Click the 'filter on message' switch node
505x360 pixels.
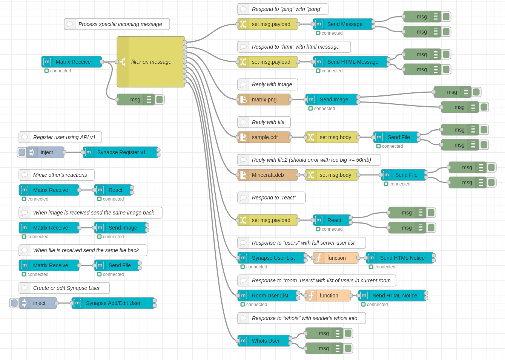click(x=151, y=62)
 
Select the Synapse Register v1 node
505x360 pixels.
click(x=121, y=152)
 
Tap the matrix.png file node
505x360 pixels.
click(x=264, y=100)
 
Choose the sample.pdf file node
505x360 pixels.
click(x=264, y=137)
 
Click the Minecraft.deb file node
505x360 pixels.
click(x=268, y=175)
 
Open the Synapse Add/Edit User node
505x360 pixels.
click(x=113, y=303)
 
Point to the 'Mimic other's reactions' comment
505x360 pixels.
click(x=57, y=175)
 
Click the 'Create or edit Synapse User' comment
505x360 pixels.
click(x=64, y=288)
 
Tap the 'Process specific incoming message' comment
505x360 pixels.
click(x=117, y=24)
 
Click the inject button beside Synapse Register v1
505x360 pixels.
click(x=22, y=152)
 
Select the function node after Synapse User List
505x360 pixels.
click(x=336, y=258)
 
